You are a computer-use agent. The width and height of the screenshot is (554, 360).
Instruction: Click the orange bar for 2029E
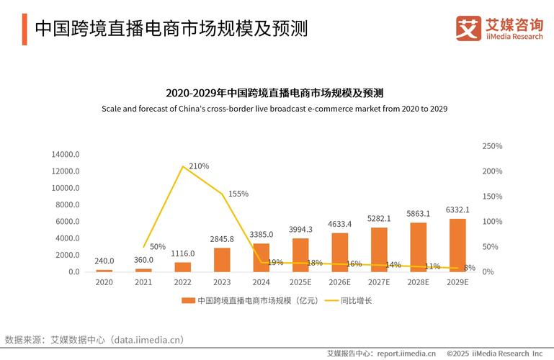[457, 245]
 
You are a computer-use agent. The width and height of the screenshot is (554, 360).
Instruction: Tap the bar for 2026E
[340, 252]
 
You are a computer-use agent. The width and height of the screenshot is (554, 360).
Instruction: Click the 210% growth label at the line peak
[199, 166]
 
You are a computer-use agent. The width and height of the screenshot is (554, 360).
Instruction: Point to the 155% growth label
[238, 194]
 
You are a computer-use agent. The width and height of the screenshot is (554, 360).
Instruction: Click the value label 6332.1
[457, 210]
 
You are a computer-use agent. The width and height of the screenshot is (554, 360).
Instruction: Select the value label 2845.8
[222, 239]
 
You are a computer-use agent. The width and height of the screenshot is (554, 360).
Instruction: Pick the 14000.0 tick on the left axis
[65, 155]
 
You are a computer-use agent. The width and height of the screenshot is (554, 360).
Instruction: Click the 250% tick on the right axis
[492, 146]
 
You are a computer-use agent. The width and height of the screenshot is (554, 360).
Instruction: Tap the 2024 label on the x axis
[262, 282]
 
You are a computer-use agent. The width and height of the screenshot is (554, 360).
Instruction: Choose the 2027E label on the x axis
[379, 282]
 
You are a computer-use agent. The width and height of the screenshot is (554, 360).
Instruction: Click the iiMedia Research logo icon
[468, 28]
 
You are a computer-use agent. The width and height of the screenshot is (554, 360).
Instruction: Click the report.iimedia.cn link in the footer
[407, 354]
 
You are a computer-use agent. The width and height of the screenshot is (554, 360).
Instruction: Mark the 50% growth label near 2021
[158, 247]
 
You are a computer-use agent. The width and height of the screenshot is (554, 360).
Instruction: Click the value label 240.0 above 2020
[104, 261]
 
